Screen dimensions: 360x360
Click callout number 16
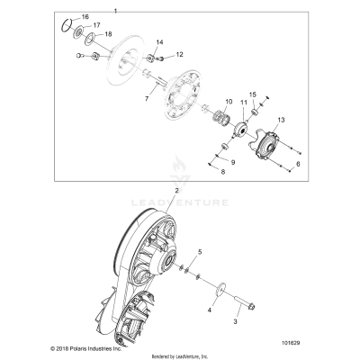[x=85, y=17]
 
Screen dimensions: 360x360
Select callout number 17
[x=97, y=25]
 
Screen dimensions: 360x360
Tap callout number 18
[x=108, y=34]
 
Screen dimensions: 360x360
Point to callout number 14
[x=159, y=43]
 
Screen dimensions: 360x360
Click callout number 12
[x=179, y=55]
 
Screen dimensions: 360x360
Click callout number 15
[x=253, y=94]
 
